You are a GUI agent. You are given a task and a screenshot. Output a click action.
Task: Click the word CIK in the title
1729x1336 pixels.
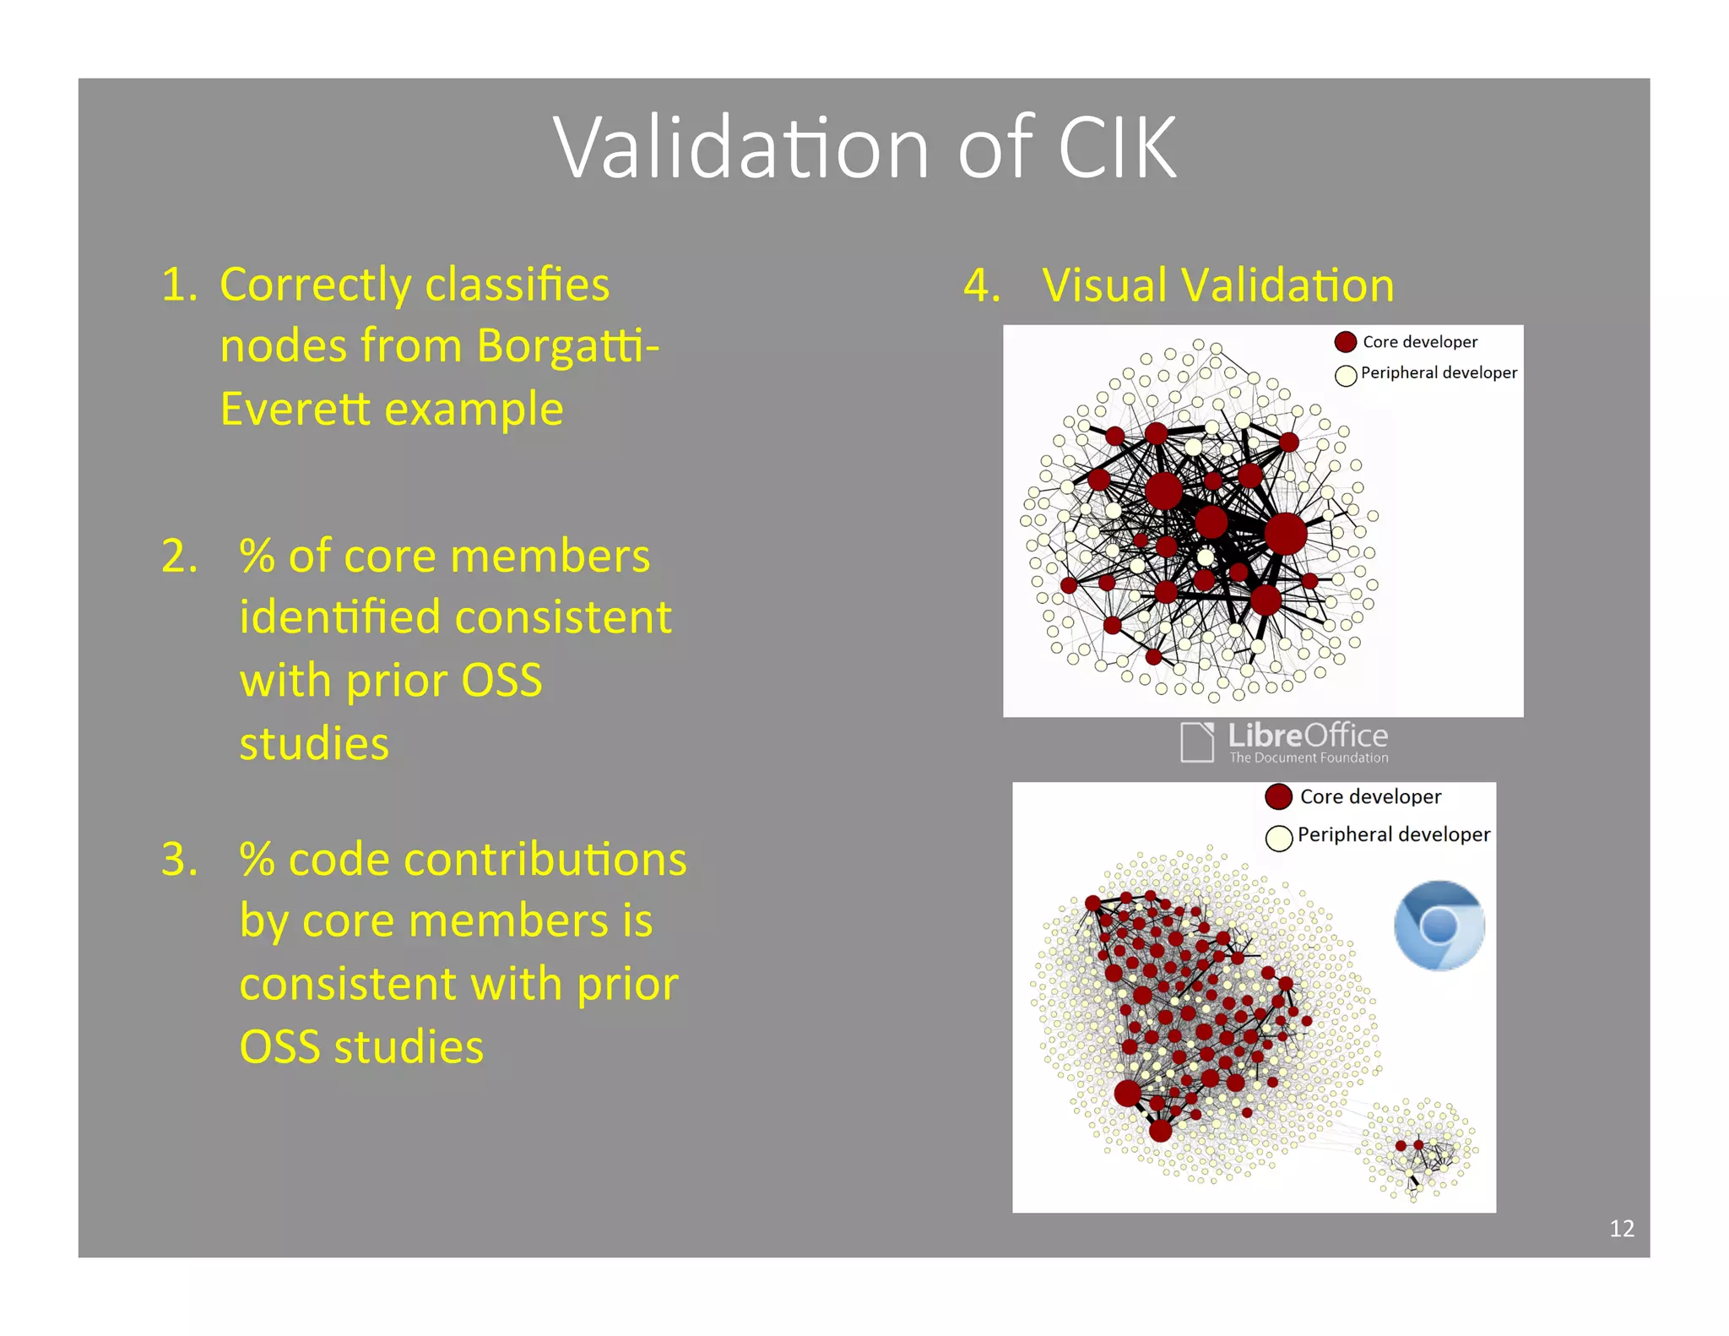(x=1117, y=149)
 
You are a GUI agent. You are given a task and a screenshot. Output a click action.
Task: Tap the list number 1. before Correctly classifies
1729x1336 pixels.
(x=179, y=285)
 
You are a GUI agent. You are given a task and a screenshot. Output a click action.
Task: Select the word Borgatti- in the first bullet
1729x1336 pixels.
(x=567, y=346)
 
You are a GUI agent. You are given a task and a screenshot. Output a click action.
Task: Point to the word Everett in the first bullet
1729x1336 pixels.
(x=295, y=410)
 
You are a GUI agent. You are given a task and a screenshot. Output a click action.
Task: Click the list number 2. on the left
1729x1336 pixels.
(x=180, y=557)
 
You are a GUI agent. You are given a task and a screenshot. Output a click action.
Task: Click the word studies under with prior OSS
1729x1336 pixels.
(x=314, y=744)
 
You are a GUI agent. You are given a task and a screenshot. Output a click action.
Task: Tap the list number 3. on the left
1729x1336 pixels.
(x=180, y=860)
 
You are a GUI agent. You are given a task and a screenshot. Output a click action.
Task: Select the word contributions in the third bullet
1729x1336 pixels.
(x=545, y=860)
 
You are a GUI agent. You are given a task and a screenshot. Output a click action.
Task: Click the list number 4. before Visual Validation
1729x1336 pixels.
(x=982, y=285)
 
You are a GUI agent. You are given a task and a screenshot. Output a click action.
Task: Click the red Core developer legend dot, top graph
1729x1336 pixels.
(x=1346, y=342)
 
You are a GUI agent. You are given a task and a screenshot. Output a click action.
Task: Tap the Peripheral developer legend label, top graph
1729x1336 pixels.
(x=1439, y=372)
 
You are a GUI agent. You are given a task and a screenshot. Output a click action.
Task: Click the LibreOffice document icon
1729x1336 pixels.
(x=1197, y=742)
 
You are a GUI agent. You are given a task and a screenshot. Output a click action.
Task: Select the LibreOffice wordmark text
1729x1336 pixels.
(x=1308, y=736)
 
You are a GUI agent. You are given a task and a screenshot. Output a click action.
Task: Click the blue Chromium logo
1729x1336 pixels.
(x=1439, y=926)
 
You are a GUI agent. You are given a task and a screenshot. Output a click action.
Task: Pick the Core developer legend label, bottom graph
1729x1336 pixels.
(x=1370, y=796)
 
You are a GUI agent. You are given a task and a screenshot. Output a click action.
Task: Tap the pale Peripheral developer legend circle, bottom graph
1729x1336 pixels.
(x=1279, y=838)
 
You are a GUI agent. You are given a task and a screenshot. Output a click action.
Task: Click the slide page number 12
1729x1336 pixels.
(x=1621, y=1228)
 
